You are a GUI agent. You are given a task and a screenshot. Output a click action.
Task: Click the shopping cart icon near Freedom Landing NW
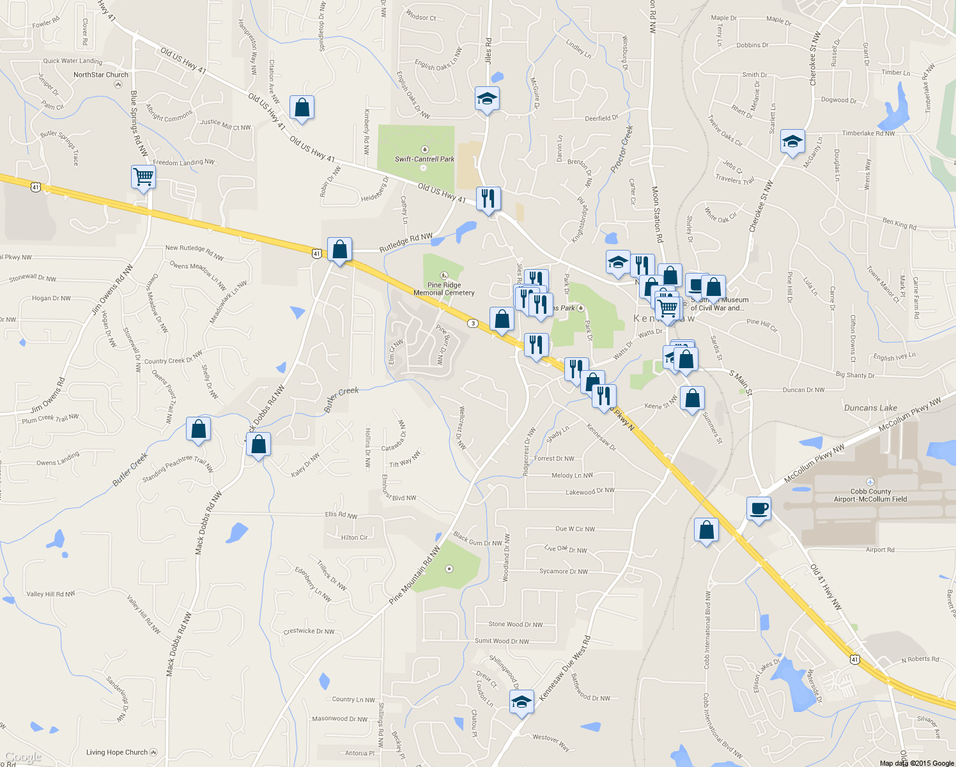click(x=144, y=176)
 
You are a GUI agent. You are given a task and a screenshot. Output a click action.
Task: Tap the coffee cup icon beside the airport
click(x=759, y=509)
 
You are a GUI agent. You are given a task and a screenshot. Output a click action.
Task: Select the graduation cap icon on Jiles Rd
click(x=487, y=99)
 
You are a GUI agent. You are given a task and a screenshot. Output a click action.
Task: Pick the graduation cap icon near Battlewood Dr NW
click(x=521, y=702)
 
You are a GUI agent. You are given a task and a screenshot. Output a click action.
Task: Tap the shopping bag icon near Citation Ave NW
click(x=302, y=108)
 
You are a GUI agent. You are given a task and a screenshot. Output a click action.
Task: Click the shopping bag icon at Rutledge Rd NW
click(x=339, y=249)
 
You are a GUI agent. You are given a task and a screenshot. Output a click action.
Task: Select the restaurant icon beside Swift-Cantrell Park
click(x=488, y=199)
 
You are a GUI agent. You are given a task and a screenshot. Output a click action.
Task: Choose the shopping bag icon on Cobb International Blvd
click(x=706, y=530)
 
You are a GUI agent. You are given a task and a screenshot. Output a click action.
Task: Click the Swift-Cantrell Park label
click(x=424, y=159)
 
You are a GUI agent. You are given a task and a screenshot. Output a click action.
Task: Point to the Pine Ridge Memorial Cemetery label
click(x=444, y=289)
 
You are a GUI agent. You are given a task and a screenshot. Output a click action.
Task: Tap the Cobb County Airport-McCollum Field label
click(x=870, y=495)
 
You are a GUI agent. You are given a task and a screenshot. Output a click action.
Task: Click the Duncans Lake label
click(x=870, y=408)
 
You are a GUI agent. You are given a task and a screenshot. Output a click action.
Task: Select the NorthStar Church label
click(x=101, y=75)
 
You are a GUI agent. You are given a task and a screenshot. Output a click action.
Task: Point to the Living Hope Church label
click(x=117, y=752)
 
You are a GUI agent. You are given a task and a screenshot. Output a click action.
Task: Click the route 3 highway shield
click(x=473, y=323)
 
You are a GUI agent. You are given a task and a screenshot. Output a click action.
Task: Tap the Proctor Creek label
click(x=622, y=149)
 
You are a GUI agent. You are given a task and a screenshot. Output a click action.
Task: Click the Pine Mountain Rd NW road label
click(x=415, y=575)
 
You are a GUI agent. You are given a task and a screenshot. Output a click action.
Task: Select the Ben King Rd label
click(x=899, y=224)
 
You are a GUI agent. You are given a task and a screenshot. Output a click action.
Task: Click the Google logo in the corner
click(x=22, y=757)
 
